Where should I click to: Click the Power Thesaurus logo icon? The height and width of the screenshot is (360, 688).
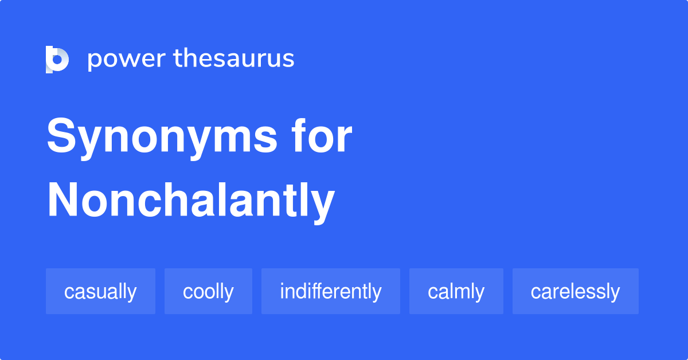coord(57,60)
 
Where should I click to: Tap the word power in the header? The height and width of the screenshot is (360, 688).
coord(127,60)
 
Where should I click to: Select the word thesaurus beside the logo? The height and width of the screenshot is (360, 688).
coord(234,59)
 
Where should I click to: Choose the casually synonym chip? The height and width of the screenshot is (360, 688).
coord(100,291)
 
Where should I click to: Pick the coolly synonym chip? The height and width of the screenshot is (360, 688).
coord(208,291)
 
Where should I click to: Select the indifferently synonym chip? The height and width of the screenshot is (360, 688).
coord(330,291)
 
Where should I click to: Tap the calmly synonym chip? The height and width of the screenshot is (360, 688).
coord(456,291)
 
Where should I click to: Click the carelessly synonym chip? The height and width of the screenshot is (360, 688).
coord(575,291)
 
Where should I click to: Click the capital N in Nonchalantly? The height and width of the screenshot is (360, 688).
coord(63,200)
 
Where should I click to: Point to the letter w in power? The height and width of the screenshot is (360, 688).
coord(127,60)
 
